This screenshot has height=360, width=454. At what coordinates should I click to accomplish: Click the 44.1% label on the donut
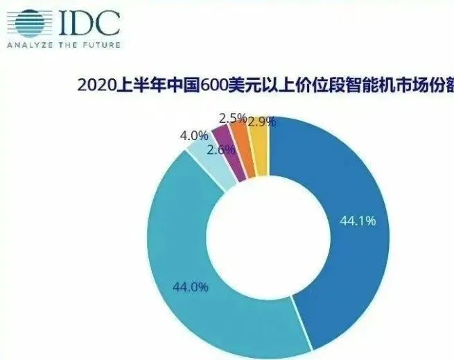[x=358, y=221]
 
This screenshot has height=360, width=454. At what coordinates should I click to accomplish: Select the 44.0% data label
[x=191, y=286]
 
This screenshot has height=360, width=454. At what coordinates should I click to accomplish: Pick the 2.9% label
[x=261, y=122]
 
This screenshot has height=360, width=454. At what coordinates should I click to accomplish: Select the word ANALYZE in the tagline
[x=28, y=46]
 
